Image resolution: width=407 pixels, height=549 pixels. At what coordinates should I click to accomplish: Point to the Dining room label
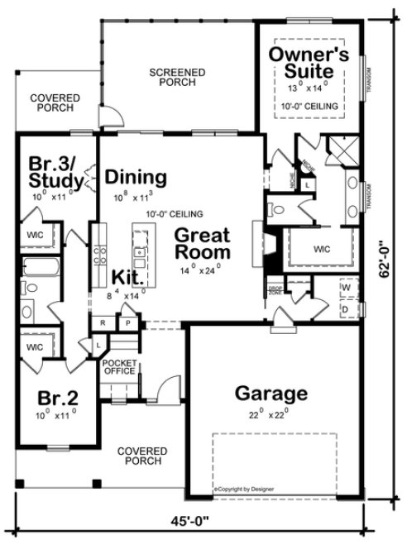[x=136, y=177]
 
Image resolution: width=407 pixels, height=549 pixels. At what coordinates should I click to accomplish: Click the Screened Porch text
[x=177, y=78]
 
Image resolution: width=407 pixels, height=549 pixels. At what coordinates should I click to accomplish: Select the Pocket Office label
[x=118, y=366]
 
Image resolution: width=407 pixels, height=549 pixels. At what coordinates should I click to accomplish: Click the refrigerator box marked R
[x=104, y=322]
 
